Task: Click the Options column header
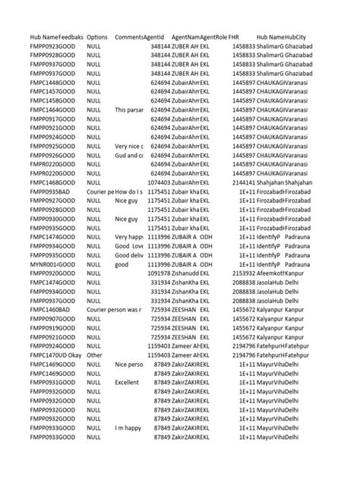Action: coord(97,37)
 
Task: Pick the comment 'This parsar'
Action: coord(129,110)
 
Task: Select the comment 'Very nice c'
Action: coord(129,147)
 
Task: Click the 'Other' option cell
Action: coord(94,355)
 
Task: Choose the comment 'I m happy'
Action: coord(128,428)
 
